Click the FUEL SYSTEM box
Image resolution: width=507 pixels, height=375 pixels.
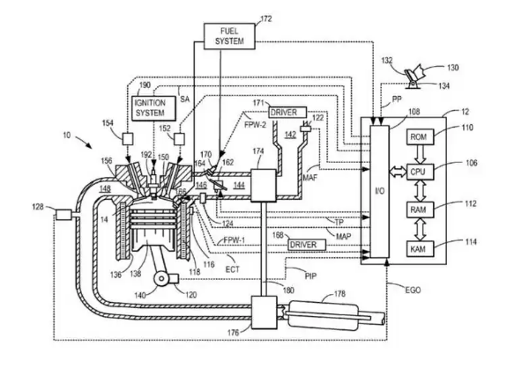point(229,36)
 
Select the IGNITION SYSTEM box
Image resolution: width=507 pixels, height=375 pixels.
point(154,108)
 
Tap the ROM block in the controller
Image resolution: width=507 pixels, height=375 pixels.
point(420,136)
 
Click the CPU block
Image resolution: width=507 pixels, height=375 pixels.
point(420,172)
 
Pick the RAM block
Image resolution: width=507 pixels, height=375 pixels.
point(420,210)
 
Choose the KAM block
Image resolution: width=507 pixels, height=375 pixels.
point(420,249)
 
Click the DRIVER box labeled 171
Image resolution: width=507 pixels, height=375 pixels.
point(287,113)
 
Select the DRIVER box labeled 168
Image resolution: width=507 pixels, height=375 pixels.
point(307,245)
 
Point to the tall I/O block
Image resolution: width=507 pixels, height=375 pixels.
point(379,191)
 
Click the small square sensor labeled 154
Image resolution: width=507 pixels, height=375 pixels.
point(127,139)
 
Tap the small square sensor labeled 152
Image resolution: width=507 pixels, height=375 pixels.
point(179,139)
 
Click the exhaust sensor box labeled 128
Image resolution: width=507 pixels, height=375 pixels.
point(63,215)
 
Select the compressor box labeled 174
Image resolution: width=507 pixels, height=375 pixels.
point(264,185)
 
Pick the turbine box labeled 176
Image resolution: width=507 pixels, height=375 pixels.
point(265,312)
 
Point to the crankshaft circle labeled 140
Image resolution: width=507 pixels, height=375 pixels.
point(161,279)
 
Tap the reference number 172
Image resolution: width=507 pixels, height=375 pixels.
point(266,19)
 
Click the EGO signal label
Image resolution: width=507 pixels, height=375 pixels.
point(413,290)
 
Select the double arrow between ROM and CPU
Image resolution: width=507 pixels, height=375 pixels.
point(420,154)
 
